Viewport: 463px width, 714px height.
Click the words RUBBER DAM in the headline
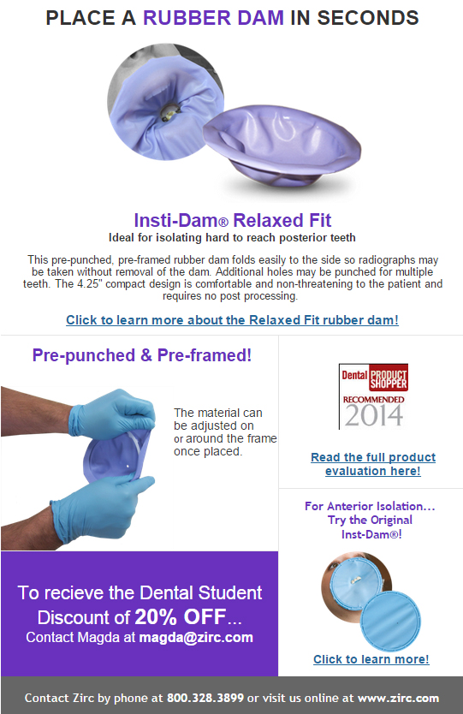pyautogui.click(x=213, y=18)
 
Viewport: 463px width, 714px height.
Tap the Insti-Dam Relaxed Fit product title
pyautogui.click(x=232, y=220)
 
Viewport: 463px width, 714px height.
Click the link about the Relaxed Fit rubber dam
pyautogui.click(x=232, y=320)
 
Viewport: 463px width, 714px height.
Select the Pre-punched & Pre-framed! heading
pyautogui.click(x=141, y=355)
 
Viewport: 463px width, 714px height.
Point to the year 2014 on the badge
pyautogui.click(x=374, y=415)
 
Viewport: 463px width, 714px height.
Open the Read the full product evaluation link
pyautogui.click(x=373, y=464)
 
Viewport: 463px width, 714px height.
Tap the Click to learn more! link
pyautogui.click(x=371, y=659)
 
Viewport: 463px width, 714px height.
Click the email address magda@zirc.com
pyautogui.click(x=196, y=638)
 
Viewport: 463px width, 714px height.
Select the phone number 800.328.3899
pyautogui.click(x=205, y=698)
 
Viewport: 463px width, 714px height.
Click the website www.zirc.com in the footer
pyautogui.click(x=398, y=698)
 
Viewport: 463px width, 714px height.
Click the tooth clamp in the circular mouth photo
pyautogui.click(x=167, y=112)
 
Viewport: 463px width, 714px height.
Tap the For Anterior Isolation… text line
pyautogui.click(x=370, y=506)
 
